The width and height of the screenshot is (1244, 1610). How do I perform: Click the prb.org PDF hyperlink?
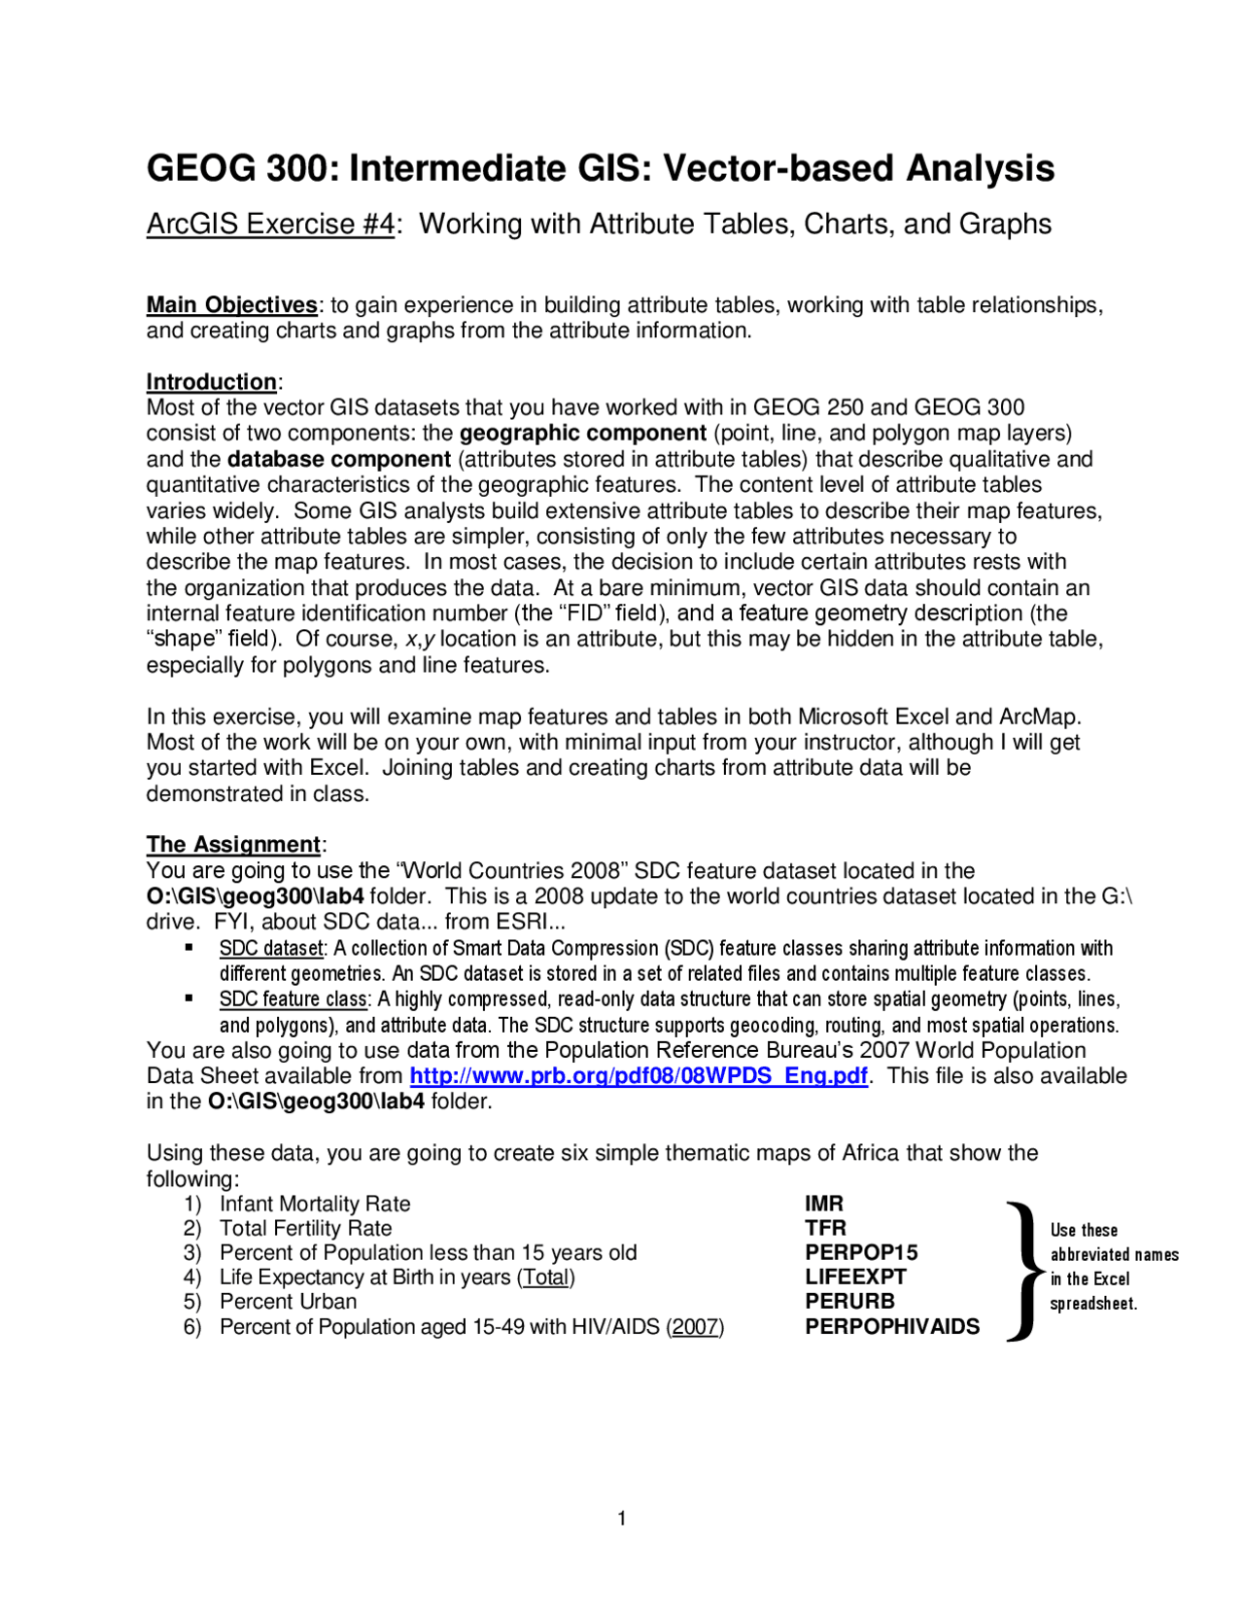coord(639,1076)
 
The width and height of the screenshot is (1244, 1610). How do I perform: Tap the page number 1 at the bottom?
coord(622,1519)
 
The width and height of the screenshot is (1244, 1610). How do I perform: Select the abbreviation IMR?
coord(824,1204)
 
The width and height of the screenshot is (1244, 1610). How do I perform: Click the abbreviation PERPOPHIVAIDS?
coord(892,1327)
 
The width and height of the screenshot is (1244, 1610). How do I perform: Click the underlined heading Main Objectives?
coord(231,305)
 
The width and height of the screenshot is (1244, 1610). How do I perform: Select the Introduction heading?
coord(212,382)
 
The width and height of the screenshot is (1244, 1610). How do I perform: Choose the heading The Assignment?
coord(233,845)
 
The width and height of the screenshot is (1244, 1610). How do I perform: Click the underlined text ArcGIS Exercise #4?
coord(270,225)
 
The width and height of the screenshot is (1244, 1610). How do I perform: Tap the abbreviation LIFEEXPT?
coord(855,1277)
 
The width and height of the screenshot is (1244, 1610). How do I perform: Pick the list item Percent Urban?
coord(288,1302)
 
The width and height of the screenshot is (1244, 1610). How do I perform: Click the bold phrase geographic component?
coord(582,434)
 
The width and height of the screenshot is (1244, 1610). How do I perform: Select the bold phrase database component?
coord(339,460)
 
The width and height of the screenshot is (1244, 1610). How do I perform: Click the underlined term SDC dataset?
coord(271,949)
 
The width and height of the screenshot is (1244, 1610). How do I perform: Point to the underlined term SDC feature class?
coord(294,999)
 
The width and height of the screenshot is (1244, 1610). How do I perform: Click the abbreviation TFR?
coord(825,1228)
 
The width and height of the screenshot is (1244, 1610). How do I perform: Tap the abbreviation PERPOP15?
coord(861,1253)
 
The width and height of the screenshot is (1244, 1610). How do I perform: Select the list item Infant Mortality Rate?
coord(315,1205)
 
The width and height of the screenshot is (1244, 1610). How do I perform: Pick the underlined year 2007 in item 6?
coord(695,1327)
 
